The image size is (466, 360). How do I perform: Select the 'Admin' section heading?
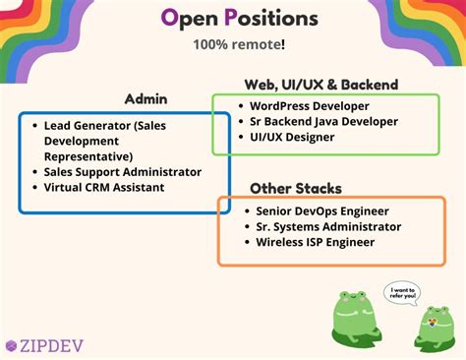(x=146, y=98)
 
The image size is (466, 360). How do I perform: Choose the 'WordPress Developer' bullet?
(x=310, y=105)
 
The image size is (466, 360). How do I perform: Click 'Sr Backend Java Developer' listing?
(x=323, y=121)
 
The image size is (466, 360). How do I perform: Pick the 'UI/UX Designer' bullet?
(x=292, y=137)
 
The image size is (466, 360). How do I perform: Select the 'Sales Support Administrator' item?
(x=122, y=171)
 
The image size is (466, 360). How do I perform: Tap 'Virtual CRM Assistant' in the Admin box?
(x=104, y=187)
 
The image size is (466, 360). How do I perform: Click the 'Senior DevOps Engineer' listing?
(x=321, y=210)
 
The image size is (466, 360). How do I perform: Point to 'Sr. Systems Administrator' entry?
(x=328, y=226)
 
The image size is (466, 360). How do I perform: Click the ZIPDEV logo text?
(x=48, y=345)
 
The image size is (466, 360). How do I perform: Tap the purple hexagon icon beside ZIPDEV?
(x=11, y=345)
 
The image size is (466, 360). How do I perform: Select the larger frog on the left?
(x=357, y=321)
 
